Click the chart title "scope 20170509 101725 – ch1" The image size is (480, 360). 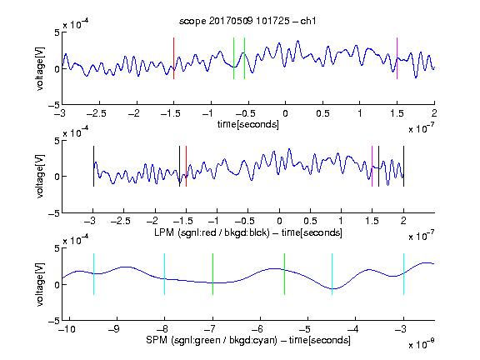(x=247, y=21)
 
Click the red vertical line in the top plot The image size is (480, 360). (x=173, y=58)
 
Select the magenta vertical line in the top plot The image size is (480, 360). (x=397, y=58)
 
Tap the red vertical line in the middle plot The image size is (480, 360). (x=186, y=166)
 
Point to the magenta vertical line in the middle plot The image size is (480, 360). (x=372, y=166)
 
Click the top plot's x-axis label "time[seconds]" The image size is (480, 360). (x=248, y=124)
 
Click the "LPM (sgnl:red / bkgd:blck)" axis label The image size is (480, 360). (x=212, y=232)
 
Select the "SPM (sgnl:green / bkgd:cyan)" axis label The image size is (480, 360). (x=212, y=340)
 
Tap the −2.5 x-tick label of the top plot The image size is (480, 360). (x=97, y=113)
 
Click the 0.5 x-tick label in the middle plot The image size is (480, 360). (x=310, y=221)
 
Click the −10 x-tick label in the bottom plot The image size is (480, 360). (x=67, y=329)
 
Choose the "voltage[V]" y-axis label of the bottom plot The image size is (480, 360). (x=40, y=284)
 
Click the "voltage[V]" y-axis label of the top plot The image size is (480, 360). (x=40, y=68)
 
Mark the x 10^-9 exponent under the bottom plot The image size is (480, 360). (x=422, y=344)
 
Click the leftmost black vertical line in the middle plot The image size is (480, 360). (x=93, y=166)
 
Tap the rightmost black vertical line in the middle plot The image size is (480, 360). (x=403, y=166)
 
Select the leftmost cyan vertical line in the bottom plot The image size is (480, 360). (x=93, y=274)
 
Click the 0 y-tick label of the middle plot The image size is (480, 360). (x=57, y=177)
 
